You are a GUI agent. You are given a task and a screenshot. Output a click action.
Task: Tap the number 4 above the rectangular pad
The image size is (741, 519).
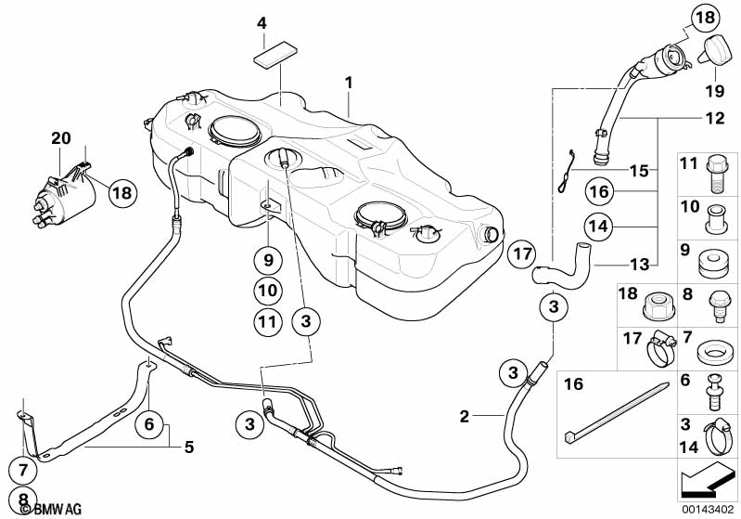[262, 23]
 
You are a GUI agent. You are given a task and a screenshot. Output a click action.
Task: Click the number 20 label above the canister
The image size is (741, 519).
[61, 137]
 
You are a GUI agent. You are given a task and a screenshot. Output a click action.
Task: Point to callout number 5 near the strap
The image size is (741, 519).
[188, 447]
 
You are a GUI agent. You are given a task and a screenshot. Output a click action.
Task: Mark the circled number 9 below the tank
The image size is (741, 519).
[265, 257]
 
